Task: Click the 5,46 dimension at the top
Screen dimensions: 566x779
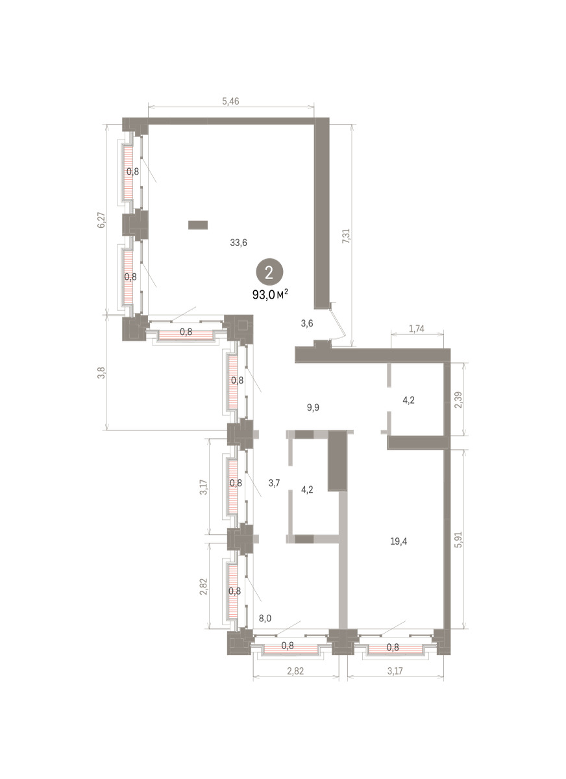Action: point(230,101)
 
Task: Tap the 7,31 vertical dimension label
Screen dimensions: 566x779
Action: point(346,236)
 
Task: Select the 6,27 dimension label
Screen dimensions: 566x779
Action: point(101,220)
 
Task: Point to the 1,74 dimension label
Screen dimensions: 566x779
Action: point(417,328)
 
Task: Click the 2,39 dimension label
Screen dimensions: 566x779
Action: point(458,400)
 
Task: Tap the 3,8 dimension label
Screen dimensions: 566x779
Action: point(101,373)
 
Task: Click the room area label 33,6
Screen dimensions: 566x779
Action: point(238,242)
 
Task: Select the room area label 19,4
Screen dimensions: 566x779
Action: point(399,541)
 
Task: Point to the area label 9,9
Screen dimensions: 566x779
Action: point(313,407)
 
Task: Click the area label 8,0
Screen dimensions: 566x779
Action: point(265,618)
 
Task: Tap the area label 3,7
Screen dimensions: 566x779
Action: point(274,483)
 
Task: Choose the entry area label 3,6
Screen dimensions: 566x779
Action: point(306,323)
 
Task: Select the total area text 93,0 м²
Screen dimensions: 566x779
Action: point(271,295)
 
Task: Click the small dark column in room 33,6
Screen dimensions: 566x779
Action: point(198,225)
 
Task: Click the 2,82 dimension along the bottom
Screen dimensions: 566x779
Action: point(295,671)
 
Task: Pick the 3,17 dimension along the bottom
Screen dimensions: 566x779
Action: point(395,671)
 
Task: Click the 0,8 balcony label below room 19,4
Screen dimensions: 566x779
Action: point(393,647)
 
